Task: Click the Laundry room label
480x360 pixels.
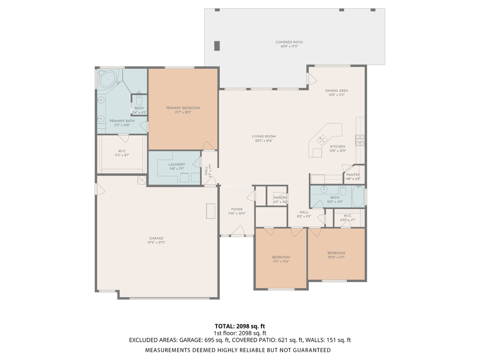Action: coord(177,165)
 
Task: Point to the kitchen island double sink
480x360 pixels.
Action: coord(322,139)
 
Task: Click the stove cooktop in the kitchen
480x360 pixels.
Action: coord(360,140)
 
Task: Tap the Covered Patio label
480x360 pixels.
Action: coord(290,42)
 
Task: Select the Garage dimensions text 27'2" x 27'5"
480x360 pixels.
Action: coord(156,243)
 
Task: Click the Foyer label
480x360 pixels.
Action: coord(237,209)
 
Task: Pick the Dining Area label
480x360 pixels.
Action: coord(337,90)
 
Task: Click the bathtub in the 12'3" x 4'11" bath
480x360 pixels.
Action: coord(357,196)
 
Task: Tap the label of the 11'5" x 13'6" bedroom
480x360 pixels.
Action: coord(281,257)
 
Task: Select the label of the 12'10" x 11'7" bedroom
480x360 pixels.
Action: coord(336,253)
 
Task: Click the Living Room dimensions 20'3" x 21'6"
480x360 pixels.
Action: coord(263,141)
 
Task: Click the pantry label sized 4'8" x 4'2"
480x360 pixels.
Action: coord(353,175)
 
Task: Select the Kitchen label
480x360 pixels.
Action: coord(337,146)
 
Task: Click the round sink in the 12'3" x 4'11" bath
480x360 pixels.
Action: coord(324,190)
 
